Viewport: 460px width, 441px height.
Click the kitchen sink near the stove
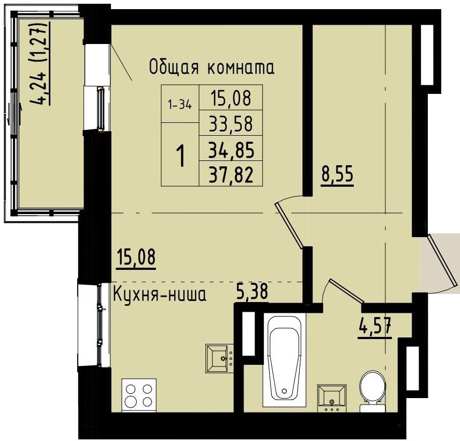coord(219,358)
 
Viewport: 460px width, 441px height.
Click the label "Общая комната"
coord(211,68)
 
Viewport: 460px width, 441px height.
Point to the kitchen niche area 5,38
coord(252,293)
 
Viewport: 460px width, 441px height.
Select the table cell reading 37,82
coord(231,174)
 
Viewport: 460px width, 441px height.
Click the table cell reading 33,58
coord(231,123)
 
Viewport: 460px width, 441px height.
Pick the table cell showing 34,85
coord(231,149)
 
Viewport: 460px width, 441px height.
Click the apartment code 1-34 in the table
coord(180,105)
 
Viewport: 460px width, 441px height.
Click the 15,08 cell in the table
coord(231,98)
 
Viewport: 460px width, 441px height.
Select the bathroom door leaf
coord(348,293)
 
